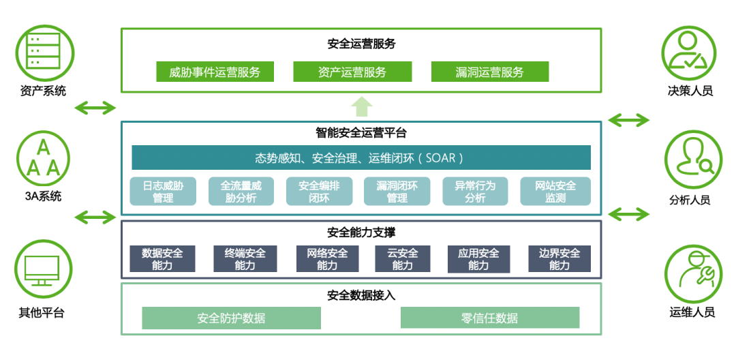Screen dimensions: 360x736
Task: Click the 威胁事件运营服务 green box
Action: pos(215,72)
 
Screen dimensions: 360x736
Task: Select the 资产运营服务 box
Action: pos(352,72)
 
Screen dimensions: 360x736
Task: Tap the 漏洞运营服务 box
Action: pos(490,72)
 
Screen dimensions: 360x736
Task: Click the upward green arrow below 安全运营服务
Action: pos(362,106)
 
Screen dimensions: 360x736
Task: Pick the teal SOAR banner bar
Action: pos(361,157)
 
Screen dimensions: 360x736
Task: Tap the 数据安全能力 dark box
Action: pos(162,259)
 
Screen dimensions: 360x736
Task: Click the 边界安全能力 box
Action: pos(559,259)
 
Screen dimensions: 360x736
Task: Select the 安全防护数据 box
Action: pos(231,318)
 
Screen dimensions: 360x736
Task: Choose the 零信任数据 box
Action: pos(489,318)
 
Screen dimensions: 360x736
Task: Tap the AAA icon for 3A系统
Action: pos(43,158)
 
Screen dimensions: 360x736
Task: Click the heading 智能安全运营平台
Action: pos(361,133)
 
